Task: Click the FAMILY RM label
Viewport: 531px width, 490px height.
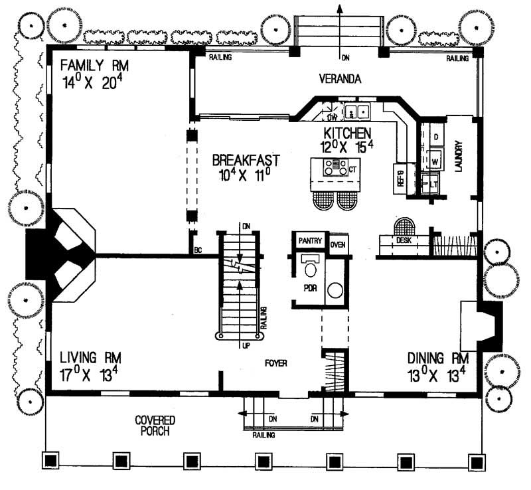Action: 94,66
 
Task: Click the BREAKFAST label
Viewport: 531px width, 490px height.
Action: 246,161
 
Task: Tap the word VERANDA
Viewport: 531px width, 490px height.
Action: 339,79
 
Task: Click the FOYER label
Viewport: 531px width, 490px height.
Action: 276,363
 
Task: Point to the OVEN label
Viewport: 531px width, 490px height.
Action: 339,244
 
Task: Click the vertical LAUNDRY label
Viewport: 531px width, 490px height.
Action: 458,157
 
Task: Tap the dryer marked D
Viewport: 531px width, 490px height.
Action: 436,137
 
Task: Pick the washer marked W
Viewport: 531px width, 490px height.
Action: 436,160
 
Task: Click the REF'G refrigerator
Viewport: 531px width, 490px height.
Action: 401,178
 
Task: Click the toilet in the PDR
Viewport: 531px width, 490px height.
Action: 309,268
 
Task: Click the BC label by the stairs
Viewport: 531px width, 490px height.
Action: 197,250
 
